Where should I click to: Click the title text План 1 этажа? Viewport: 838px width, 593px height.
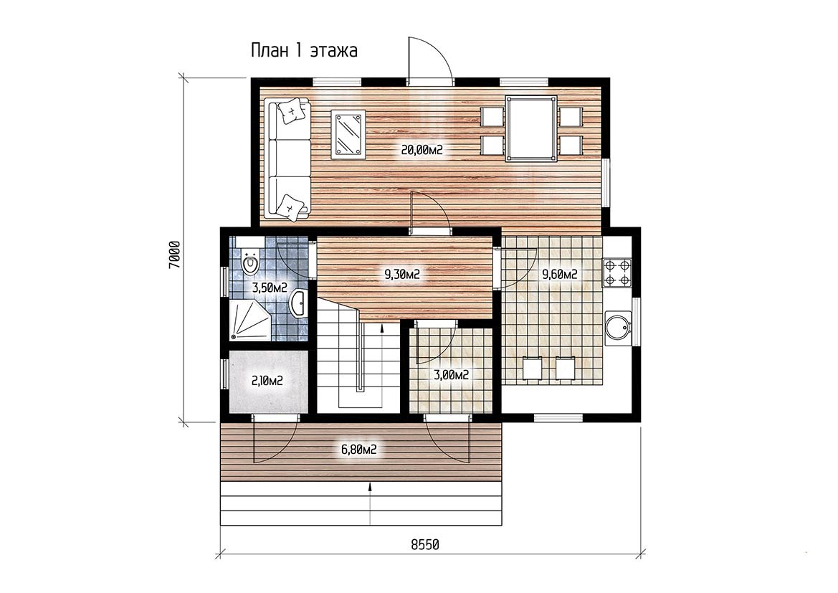[x=304, y=51]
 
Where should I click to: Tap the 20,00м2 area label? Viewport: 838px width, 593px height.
[x=422, y=151]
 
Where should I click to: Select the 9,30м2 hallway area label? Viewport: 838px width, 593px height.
[x=402, y=275]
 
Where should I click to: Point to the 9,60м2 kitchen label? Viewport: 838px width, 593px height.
[x=560, y=275]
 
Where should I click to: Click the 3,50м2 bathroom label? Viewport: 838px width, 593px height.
[x=270, y=288]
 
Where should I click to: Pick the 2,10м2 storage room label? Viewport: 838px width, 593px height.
[x=267, y=381]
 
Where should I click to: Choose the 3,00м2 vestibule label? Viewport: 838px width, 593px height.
[x=452, y=375]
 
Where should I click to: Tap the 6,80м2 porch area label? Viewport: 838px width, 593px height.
[x=359, y=449]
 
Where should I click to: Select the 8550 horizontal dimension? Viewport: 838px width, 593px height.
[x=425, y=544]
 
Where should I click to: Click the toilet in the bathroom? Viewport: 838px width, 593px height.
[x=248, y=262]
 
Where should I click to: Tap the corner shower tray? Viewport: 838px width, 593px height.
[x=249, y=321]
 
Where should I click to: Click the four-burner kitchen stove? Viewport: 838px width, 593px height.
[x=617, y=272]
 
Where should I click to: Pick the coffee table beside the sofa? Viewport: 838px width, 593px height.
[x=348, y=135]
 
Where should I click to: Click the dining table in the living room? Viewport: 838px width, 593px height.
[x=532, y=128]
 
